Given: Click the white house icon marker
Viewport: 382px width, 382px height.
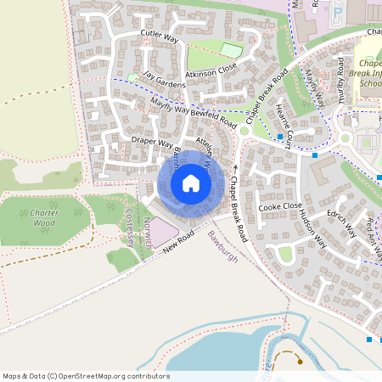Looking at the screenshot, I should point(191,183).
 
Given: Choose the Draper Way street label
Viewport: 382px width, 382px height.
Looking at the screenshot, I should point(152,141).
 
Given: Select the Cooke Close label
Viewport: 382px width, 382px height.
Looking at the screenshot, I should point(280,206).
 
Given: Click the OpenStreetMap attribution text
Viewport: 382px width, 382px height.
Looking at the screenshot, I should point(86,376).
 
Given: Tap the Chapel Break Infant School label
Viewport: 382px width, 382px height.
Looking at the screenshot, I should point(369,74).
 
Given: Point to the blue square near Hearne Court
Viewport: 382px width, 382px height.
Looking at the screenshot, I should point(280,136).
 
